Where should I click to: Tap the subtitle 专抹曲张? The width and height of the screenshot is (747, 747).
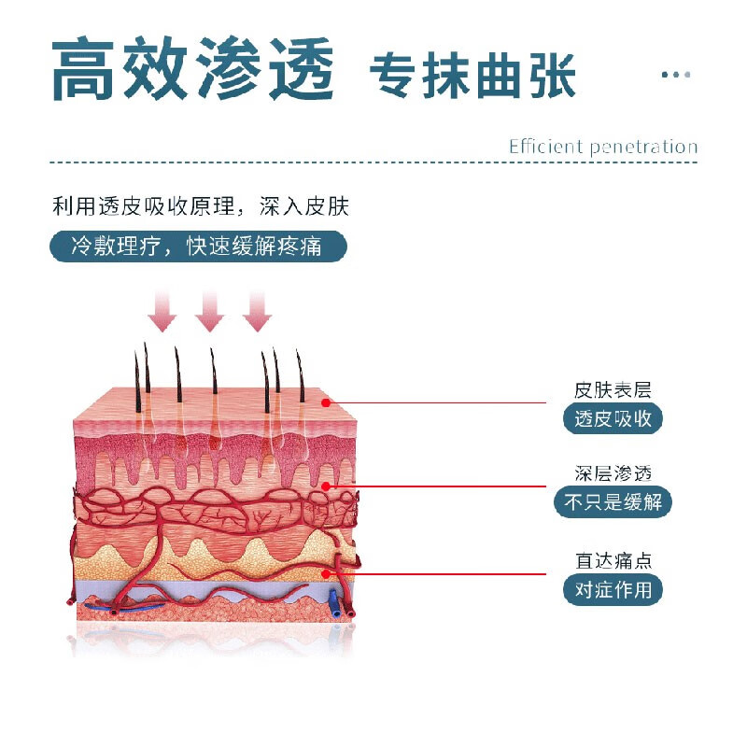472,74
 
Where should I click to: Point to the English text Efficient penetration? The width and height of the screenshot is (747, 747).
602,147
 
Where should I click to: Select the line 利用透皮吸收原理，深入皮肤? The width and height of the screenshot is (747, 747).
200,206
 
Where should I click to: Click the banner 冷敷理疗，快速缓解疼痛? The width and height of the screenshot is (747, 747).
197,247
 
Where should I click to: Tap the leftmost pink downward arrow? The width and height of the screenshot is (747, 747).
162,311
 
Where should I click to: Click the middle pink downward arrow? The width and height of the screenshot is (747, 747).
210,311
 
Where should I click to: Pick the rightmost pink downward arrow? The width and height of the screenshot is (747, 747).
257,311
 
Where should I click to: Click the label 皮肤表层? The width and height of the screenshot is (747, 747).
613,388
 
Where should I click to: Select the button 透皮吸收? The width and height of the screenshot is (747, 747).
613,418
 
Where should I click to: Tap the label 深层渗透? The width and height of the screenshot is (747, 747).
613,473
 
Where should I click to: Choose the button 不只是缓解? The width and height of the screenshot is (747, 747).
613,502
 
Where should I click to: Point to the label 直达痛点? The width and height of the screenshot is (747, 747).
613,560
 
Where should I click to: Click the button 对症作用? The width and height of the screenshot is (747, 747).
613,590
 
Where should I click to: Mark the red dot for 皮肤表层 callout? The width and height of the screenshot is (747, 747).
326,402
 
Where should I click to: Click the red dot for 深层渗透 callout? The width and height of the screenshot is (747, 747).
326,486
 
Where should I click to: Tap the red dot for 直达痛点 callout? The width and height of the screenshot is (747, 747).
326,573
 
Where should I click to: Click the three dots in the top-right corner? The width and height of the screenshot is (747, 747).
676,74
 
